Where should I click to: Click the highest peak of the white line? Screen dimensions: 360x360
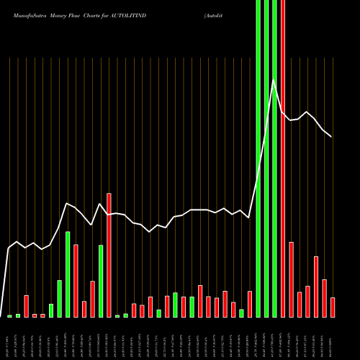(x=274, y=81)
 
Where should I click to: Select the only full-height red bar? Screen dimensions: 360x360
(x=283, y=158)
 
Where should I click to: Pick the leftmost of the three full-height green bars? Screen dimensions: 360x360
(x=258, y=158)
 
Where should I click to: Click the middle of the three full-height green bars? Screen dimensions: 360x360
(x=266, y=158)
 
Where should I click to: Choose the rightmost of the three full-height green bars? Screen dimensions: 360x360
(x=274, y=158)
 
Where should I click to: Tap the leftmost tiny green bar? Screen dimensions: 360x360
(x=9, y=315)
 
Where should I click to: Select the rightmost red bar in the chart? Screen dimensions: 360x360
(x=333, y=307)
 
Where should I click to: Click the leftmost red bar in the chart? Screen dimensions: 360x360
(x=26, y=306)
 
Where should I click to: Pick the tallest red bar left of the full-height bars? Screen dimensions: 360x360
(x=109, y=255)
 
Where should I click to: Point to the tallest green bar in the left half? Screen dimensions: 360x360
(x=88, y=274)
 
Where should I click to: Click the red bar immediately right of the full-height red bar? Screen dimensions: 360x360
(x=292, y=279)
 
